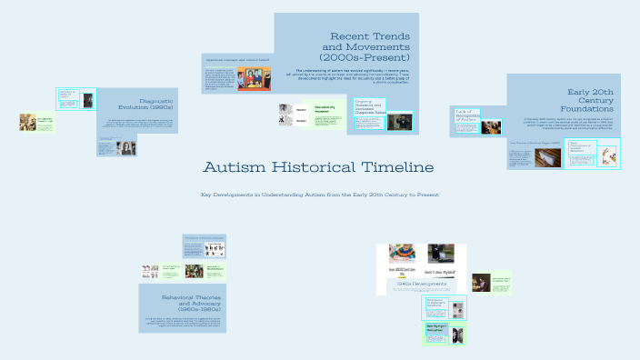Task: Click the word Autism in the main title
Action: (x=236, y=168)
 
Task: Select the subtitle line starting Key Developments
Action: (x=319, y=194)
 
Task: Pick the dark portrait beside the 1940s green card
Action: (x=481, y=282)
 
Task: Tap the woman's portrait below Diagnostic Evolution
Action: (x=126, y=146)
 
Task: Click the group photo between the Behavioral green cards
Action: (x=194, y=271)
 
